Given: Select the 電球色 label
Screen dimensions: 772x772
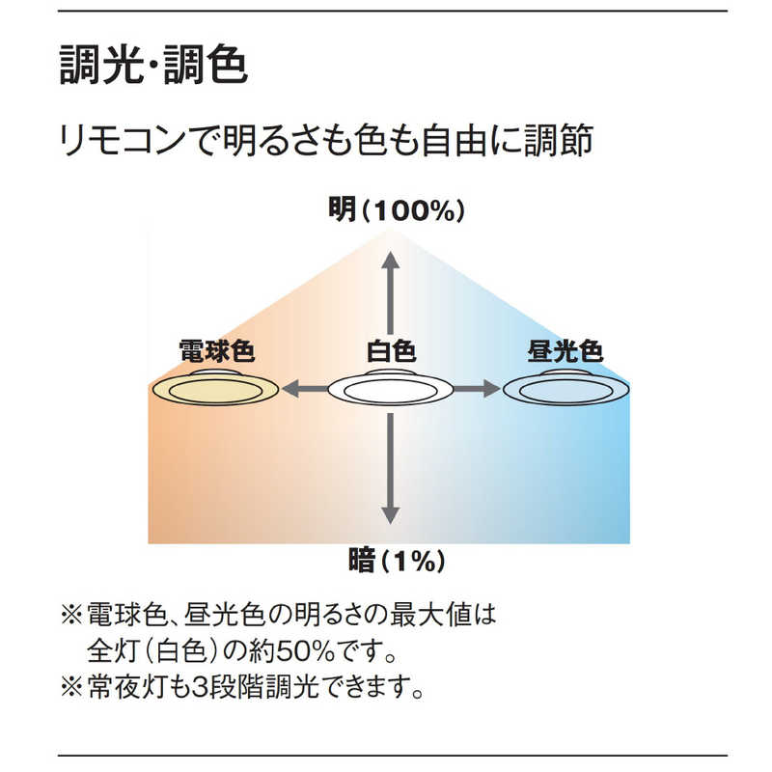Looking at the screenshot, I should tap(216, 350).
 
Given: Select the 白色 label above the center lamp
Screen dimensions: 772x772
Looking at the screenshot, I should tap(390, 350).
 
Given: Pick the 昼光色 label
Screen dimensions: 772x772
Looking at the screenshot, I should tap(565, 350).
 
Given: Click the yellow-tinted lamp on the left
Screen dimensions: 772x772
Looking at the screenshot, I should tap(216, 389).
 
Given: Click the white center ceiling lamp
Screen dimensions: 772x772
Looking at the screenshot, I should tap(390, 389).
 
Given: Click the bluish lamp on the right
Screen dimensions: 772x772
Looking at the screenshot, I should tap(565, 389).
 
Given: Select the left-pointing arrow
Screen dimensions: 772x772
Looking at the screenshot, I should tap(301, 390).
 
